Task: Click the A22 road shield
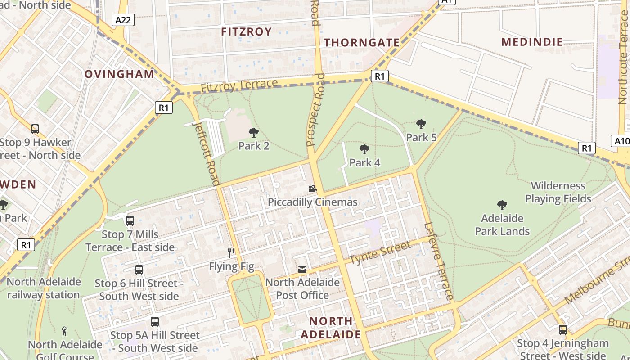123,19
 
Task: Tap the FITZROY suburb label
247,31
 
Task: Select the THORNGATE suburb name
362,43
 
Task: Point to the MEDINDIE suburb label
532,42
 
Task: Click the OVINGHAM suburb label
119,74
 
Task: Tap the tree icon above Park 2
254,132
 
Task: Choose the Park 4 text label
364,162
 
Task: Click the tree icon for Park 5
421,124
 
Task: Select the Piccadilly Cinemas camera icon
312,189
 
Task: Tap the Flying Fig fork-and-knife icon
231,252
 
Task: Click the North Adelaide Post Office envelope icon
302,270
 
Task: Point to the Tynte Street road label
380,252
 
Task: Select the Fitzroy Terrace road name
239,86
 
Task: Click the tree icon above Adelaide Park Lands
502,205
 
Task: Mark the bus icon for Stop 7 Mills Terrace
130,220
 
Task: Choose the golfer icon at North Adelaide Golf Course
64,331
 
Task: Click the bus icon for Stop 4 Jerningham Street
562,329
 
